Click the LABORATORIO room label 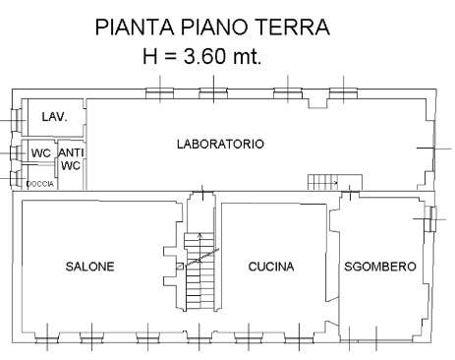click(220, 144)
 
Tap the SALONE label click(90, 267)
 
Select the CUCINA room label click(271, 267)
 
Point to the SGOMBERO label click(380, 267)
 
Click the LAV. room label click(55, 116)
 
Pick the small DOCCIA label click(39, 184)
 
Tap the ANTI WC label click(71, 159)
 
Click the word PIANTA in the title click(135, 27)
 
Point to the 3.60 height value click(204, 56)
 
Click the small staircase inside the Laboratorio click(322, 182)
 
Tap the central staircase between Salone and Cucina click(199, 271)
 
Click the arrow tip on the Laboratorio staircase click(337, 183)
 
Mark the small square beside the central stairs click(180, 267)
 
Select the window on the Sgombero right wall click(430, 219)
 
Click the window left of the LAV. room click(16, 120)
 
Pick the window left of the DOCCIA click(15, 178)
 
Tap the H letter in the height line click(150, 56)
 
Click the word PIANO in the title click(214, 27)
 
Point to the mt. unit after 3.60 click(247, 56)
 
